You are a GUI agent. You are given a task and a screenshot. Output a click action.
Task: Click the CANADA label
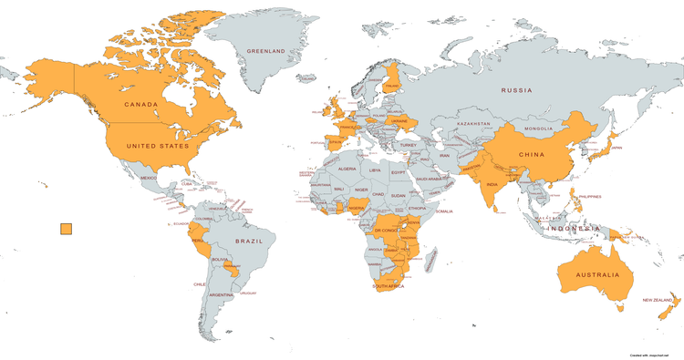[140, 104]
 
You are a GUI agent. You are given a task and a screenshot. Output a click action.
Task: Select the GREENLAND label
[266, 51]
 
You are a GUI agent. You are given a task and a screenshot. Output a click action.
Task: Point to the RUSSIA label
[517, 89]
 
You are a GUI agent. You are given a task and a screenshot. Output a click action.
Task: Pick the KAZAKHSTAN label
[473, 123]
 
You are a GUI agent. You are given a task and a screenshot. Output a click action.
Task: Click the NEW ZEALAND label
[658, 300]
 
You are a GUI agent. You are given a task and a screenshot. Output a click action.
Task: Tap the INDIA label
[490, 184]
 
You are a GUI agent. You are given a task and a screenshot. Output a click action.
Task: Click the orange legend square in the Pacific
[66, 229]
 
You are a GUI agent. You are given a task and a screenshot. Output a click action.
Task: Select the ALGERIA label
[347, 169]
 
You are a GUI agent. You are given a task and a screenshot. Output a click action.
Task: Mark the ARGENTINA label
[222, 294]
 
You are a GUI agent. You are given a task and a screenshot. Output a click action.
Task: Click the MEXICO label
[148, 178]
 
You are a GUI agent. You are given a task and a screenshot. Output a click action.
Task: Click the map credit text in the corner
[648, 354]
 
